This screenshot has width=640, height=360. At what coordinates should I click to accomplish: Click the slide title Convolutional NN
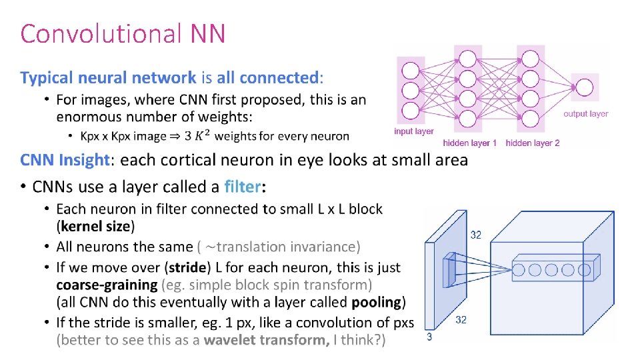coord(123,33)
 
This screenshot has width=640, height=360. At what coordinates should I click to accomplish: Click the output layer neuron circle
coord(585,88)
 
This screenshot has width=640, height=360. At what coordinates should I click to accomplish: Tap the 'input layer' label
coord(413,131)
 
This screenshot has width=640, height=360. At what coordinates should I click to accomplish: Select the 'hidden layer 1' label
coord(470,143)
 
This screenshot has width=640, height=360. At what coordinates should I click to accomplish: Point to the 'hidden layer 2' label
coord(533,143)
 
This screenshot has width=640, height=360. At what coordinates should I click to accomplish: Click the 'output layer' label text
coord(585,114)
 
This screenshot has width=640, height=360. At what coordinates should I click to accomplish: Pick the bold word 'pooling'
coord(376,302)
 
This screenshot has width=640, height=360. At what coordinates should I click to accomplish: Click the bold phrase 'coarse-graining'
coord(107,285)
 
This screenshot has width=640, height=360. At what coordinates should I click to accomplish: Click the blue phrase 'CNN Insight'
coord(65,160)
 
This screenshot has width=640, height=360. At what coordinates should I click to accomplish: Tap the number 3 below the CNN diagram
coord(429,337)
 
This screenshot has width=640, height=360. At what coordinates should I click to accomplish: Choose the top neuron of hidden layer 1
coord(467,59)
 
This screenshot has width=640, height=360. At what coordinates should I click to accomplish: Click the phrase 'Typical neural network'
coord(108,78)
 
